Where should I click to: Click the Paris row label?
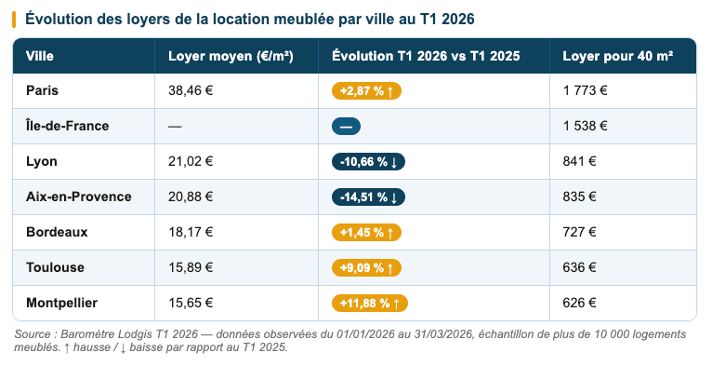click(x=42, y=91)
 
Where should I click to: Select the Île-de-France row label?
click(x=68, y=126)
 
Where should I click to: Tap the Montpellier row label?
click(x=61, y=303)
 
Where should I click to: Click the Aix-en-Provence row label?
click(x=78, y=197)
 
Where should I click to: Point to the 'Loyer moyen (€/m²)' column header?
click(x=231, y=56)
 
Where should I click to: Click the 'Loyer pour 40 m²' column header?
click(x=617, y=56)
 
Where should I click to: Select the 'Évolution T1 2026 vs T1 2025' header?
click(x=425, y=56)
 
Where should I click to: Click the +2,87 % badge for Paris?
click(x=366, y=91)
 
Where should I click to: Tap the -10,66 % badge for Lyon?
click(x=368, y=162)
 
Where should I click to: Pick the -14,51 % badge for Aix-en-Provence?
click(x=368, y=197)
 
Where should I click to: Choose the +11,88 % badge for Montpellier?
click(x=370, y=303)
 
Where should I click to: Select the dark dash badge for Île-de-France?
click(x=346, y=127)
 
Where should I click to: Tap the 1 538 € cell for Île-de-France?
click(x=585, y=126)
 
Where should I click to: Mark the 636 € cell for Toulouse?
click(x=579, y=267)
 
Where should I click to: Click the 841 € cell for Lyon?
click(x=579, y=161)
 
